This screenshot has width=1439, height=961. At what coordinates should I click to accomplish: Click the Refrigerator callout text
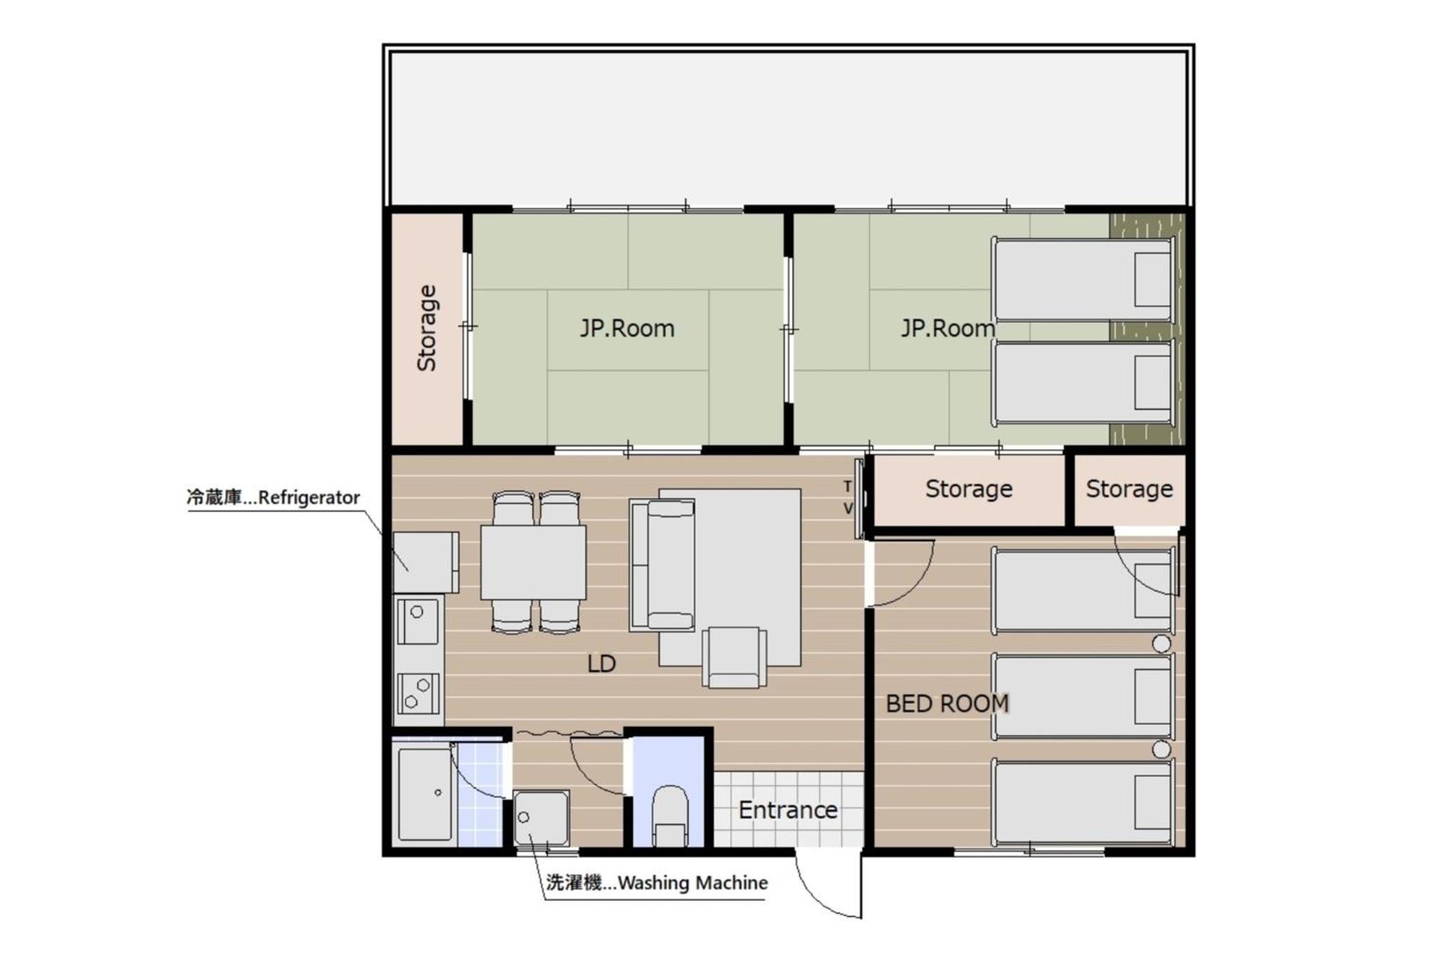273,498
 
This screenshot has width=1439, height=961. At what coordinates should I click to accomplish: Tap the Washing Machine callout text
657,883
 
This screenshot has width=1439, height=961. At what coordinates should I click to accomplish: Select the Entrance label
788,810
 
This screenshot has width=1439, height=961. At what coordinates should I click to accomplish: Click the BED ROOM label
947,703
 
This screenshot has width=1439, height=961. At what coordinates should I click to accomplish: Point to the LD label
601,664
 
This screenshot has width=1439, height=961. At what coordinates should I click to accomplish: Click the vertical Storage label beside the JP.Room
427,328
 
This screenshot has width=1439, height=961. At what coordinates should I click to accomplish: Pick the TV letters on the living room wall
848,497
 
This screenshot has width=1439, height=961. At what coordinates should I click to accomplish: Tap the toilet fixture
670,815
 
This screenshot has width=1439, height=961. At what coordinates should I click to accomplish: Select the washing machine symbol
541,818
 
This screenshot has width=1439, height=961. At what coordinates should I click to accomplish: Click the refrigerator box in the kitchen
425,562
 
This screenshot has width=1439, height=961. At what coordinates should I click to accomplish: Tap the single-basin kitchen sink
417,621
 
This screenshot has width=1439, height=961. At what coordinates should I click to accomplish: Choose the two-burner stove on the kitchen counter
418,693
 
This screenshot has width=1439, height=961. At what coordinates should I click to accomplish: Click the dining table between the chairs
533,562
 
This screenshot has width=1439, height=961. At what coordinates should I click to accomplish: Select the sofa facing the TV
662,565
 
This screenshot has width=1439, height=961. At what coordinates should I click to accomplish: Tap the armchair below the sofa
734,657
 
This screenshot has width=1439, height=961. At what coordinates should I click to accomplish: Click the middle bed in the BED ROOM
1083,697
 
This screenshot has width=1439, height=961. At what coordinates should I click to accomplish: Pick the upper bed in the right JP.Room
1083,280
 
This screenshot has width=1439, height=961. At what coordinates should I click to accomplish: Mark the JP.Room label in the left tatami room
627,328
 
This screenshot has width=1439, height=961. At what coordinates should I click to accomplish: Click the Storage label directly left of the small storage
969,489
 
